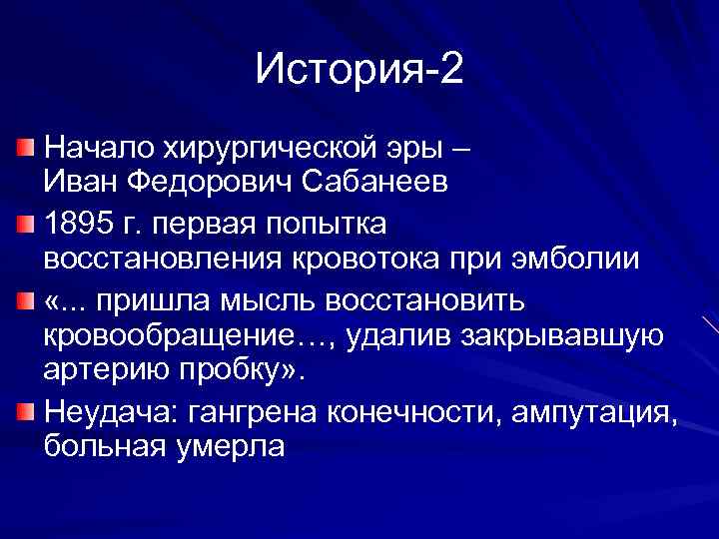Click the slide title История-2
tap(359, 70)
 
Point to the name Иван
tap(78, 183)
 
